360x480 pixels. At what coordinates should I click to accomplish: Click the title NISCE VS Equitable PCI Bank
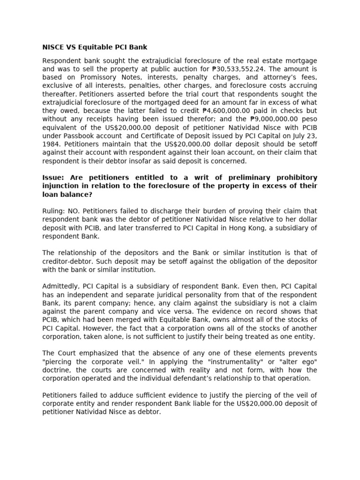pos(95,47)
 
